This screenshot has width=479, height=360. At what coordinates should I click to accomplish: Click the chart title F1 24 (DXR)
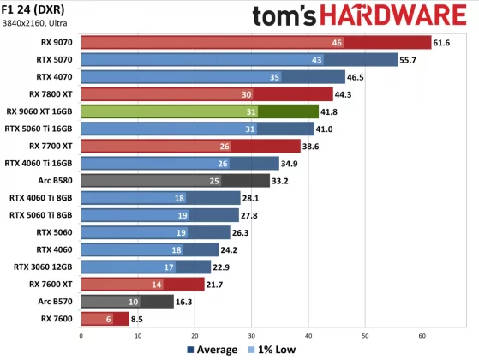tap(36, 10)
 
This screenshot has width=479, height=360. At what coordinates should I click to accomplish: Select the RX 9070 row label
tap(52, 42)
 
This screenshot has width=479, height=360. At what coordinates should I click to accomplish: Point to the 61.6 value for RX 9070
tap(442, 42)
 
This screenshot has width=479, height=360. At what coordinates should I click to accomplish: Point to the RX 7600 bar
tap(103, 319)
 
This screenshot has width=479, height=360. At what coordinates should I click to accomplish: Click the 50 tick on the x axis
tap(365, 335)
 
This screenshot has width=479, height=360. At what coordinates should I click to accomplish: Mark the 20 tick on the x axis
tap(195, 335)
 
